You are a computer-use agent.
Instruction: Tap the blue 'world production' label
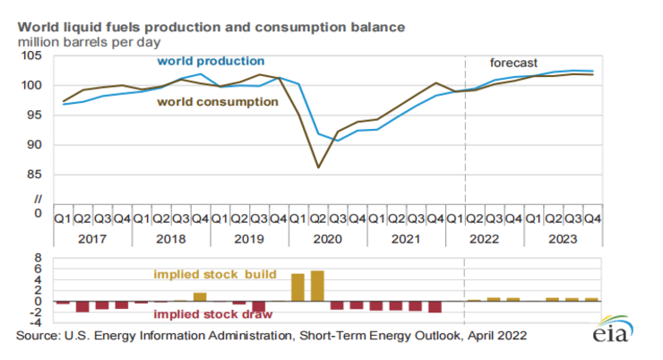pyautogui.click(x=211, y=61)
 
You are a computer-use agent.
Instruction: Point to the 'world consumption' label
pyautogui.click(x=218, y=102)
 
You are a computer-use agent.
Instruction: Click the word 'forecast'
pyautogui.click(x=513, y=63)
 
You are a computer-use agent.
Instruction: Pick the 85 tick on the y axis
pyautogui.click(x=34, y=175)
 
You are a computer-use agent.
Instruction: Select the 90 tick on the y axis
pyautogui.click(x=34, y=145)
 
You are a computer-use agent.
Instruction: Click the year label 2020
pyautogui.click(x=327, y=239)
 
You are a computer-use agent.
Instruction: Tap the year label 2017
pyautogui.click(x=91, y=239)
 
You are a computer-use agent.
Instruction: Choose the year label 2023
pyautogui.click(x=563, y=239)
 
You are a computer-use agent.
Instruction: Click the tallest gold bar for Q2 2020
pyautogui.click(x=317, y=286)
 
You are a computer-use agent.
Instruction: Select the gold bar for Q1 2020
pyautogui.click(x=297, y=287)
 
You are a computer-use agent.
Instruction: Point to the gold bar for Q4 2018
pyautogui.click(x=200, y=296)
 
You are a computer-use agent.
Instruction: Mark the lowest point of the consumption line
pyautogui.click(x=317, y=167)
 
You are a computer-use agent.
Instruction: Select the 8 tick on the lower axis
pyautogui.click(x=39, y=259)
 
